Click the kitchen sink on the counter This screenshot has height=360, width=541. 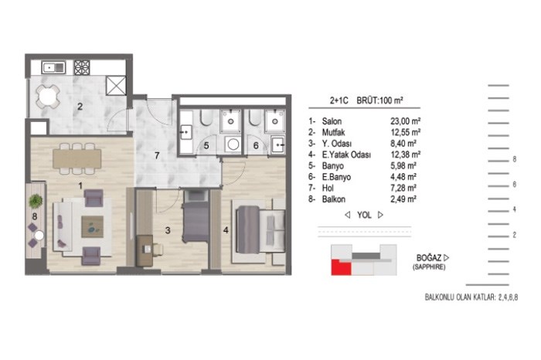[53, 67]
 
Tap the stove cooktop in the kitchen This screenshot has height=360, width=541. [82, 67]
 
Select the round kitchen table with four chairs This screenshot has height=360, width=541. [48, 97]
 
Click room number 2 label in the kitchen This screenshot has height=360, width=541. [80, 107]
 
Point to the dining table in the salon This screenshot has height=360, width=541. [77, 158]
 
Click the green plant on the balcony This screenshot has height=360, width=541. [36, 201]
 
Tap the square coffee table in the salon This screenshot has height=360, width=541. [93, 226]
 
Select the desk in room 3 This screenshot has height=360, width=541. [145, 251]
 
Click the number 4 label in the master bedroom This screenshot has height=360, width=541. [226, 230]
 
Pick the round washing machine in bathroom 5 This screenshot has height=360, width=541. [233, 144]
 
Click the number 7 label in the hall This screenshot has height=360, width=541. [157, 156]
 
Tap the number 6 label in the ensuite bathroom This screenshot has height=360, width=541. [256, 145]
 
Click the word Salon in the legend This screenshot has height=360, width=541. [332, 121]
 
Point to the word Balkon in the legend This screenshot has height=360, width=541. [334, 199]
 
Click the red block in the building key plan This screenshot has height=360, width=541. [341, 267]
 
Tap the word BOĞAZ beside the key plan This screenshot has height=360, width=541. [429, 258]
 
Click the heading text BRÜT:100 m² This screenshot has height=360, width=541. [380, 100]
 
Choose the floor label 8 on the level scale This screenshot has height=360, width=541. [515, 159]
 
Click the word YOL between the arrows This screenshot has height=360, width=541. [364, 216]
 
